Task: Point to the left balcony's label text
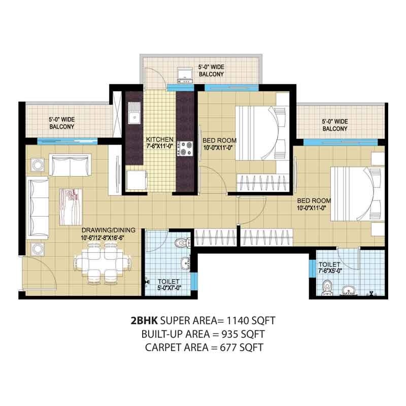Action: [61, 123]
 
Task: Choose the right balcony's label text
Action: [334, 125]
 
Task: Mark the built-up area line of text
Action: [203, 334]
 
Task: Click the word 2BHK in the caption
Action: [144, 321]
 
